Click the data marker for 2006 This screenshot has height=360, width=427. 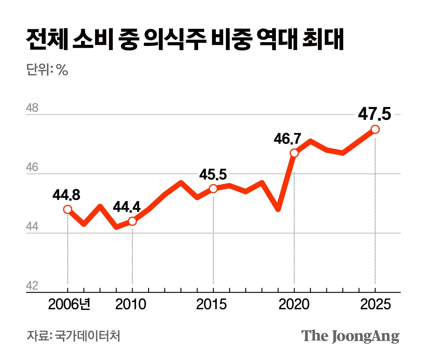[x=68, y=209]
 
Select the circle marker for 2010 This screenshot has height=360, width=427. [x=132, y=221]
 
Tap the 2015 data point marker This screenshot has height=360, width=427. [x=213, y=189]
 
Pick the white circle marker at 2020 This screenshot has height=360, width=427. [x=294, y=153]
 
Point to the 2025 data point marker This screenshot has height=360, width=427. [x=375, y=129]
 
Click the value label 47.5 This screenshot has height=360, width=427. [x=374, y=114]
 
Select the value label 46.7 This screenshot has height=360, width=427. [x=288, y=139]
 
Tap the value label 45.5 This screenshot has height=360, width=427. [x=213, y=174]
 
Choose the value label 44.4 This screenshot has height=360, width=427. [x=127, y=207]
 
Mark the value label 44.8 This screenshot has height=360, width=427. [x=66, y=195]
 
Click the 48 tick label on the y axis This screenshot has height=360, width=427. [x=32, y=108]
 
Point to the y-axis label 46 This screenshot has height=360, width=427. [x=32, y=167]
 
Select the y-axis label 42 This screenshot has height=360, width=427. [x=32, y=286]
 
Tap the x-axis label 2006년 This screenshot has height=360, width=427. [x=69, y=304]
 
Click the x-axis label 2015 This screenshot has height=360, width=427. [x=211, y=304]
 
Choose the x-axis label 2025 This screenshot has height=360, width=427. [x=375, y=304]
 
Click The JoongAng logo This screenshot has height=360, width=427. [x=350, y=336]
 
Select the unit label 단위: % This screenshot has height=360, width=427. [x=47, y=70]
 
